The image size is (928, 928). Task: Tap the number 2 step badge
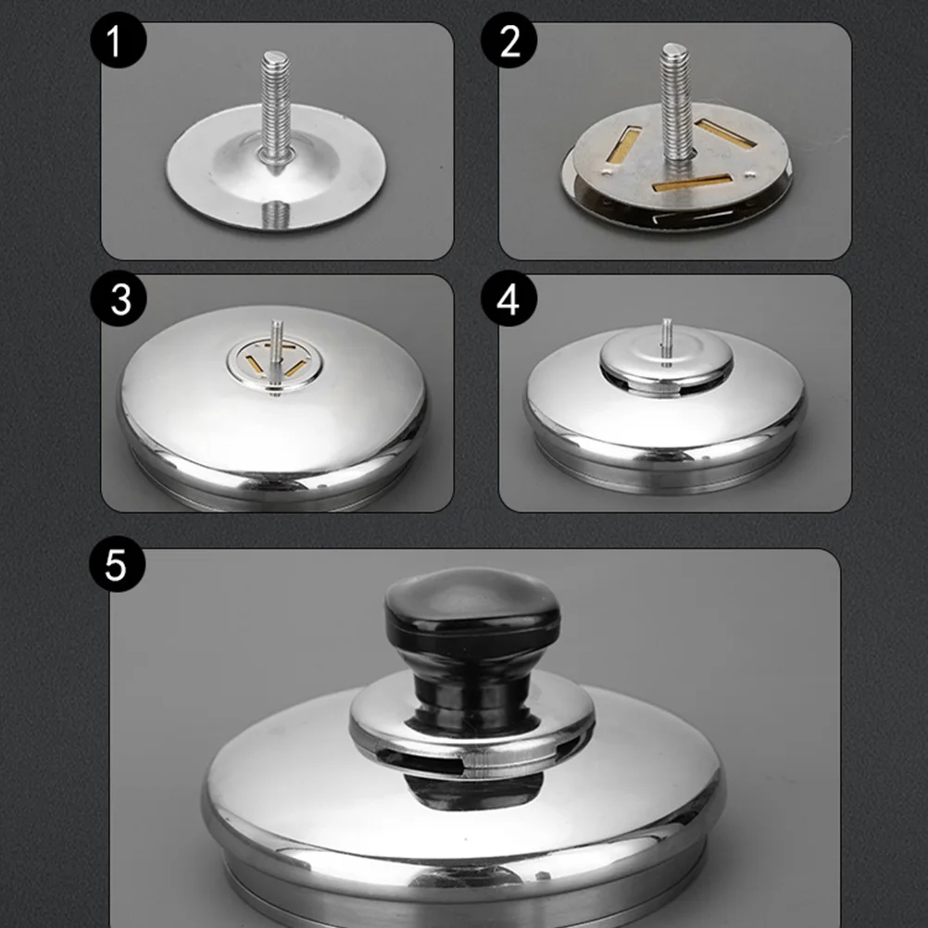tap(510, 44)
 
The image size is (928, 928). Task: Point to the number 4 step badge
tap(510, 300)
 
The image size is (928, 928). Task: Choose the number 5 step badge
tap(115, 564)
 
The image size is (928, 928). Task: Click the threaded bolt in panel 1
tap(275, 107)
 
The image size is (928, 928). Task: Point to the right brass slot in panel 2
tap(726, 132)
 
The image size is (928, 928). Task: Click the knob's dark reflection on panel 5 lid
tap(473, 793)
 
